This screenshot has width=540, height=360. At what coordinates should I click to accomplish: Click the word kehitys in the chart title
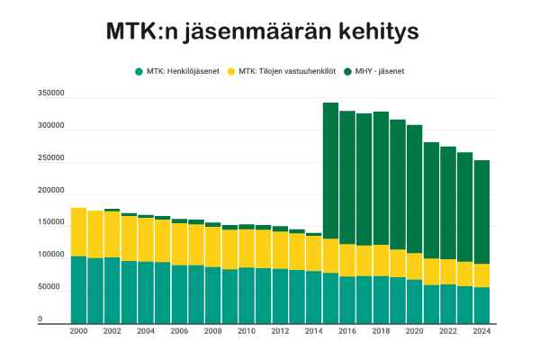click(374, 32)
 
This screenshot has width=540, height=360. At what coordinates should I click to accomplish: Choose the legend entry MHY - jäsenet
click(382, 71)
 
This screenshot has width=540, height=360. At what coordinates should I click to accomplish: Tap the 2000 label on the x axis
click(78, 331)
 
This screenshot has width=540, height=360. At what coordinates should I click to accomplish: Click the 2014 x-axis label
click(314, 331)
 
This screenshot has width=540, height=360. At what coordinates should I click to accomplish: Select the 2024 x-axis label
click(482, 331)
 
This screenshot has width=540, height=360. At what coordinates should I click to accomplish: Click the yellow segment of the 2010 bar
click(247, 248)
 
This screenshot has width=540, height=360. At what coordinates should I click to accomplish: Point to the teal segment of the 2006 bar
click(179, 293)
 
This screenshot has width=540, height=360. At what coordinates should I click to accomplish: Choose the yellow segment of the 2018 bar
click(381, 260)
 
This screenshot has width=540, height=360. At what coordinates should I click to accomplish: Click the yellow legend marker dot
click(230, 71)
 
